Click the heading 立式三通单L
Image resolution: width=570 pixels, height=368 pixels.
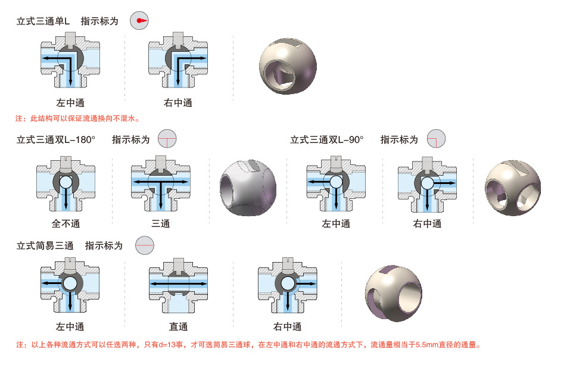pos(43,21)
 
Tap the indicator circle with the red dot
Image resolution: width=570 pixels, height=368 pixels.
pos(139,21)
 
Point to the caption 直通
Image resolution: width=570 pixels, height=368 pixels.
pos(178,326)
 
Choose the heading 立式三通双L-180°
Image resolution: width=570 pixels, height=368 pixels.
pos(57,140)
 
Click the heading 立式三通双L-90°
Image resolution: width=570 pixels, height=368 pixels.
pos(326,140)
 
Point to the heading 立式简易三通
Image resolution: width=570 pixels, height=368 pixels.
pos(45,245)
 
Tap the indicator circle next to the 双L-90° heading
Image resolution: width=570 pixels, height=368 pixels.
pos(437,139)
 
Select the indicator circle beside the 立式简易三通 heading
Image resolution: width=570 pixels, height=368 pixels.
pos(144,245)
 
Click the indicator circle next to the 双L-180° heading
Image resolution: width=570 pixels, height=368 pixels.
pos(167,139)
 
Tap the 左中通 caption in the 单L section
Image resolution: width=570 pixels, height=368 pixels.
pos(70,103)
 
